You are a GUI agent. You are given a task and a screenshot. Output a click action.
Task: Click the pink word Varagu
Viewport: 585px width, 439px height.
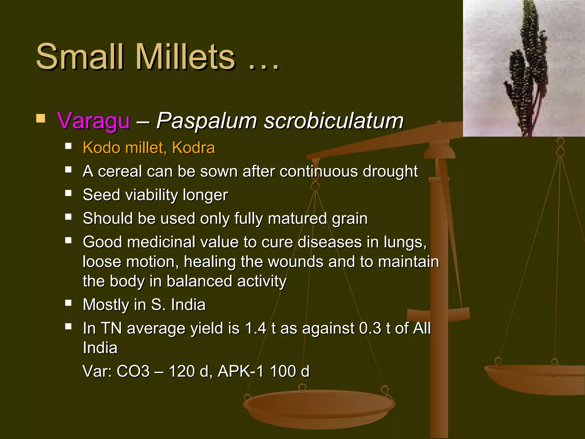click(x=93, y=121)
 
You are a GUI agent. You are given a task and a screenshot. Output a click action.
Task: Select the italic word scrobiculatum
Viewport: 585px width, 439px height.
click(x=333, y=121)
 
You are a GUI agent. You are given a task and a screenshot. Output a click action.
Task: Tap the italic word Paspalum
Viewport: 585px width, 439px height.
click(x=207, y=121)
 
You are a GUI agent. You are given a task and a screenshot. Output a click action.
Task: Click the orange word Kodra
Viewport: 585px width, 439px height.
click(x=193, y=148)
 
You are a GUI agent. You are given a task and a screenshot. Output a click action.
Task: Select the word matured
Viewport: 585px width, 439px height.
click(x=297, y=219)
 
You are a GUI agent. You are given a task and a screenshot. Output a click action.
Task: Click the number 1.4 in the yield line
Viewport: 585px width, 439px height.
click(x=256, y=328)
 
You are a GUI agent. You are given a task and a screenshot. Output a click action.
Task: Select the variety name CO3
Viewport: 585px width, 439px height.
click(x=133, y=371)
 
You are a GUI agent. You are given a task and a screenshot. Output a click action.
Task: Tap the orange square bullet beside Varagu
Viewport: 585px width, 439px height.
click(x=41, y=118)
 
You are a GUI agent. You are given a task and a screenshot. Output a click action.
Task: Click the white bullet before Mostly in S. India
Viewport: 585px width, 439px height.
click(x=68, y=303)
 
